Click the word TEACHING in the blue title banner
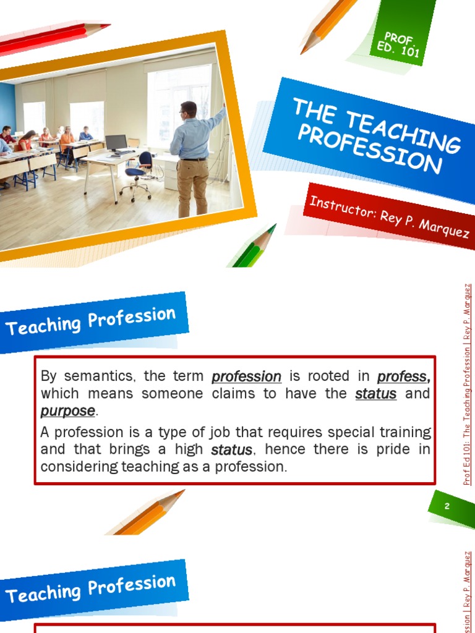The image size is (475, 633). click(x=403, y=129)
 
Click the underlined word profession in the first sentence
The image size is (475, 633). click(x=246, y=376)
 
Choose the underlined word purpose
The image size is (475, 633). click(x=67, y=411)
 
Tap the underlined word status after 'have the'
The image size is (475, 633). click(x=375, y=394)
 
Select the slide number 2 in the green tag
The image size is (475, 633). click(x=447, y=506)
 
